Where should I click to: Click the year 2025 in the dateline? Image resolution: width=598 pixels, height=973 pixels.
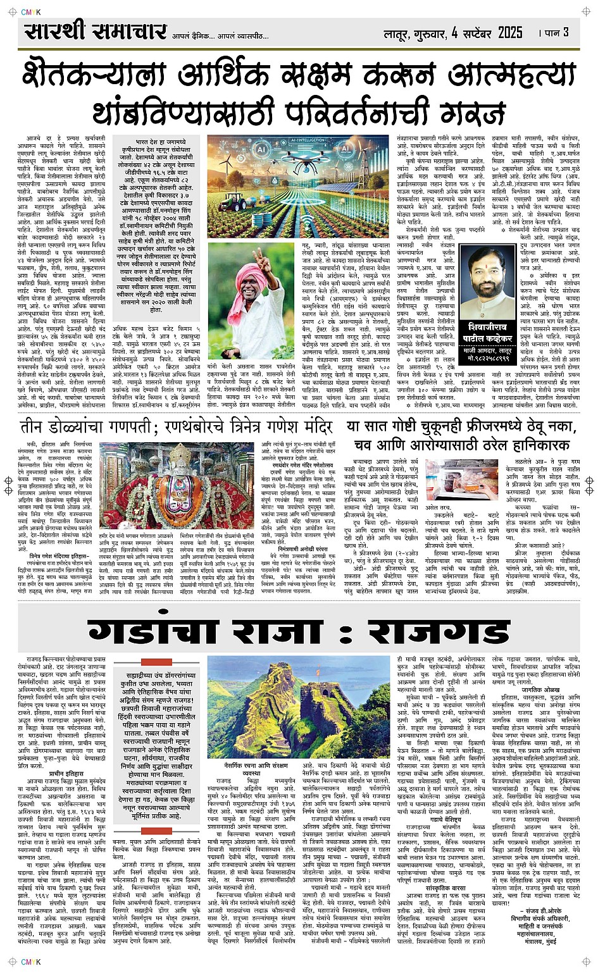click(510, 32)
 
